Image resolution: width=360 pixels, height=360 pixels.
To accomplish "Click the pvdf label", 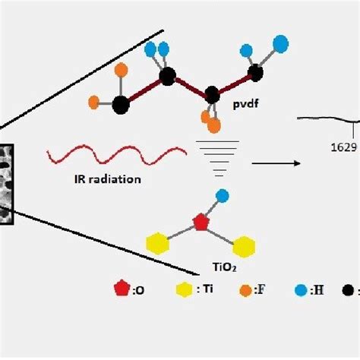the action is [245, 104].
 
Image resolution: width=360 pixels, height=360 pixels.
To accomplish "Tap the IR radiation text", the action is [108, 179].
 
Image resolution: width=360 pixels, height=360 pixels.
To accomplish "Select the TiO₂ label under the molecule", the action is [225, 267].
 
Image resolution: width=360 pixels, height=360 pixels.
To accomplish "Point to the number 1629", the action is [344, 147].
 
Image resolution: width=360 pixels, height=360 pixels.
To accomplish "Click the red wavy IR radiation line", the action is [116, 154].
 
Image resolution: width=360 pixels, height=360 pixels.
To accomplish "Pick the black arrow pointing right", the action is [276, 163].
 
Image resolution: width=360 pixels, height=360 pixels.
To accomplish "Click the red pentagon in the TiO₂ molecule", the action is [201, 222].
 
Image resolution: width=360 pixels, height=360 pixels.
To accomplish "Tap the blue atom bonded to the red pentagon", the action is [223, 196].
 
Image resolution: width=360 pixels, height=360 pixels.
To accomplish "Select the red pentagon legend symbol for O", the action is [122, 288].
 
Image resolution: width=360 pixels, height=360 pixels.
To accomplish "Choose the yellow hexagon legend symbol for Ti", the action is [185, 289].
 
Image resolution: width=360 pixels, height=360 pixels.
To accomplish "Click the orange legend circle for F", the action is [245, 290].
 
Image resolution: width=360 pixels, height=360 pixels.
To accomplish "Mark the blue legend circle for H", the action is [301, 290].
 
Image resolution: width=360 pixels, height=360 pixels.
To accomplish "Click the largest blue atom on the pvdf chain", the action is [281, 44].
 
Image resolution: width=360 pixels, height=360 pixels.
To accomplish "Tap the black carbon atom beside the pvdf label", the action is [212, 95].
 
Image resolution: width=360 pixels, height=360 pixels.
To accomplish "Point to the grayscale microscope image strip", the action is [6, 184].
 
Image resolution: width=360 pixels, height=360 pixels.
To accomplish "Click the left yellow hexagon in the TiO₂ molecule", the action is [158, 243].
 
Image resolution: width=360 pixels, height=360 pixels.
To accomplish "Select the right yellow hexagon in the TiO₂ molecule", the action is [244, 247].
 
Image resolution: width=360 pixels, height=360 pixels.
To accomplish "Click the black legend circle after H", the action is [348, 290].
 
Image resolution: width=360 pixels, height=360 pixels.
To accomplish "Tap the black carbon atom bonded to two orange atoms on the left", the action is [121, 105].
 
